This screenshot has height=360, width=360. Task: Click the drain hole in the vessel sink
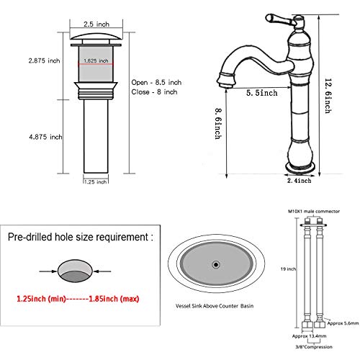[x=215, y=266]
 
